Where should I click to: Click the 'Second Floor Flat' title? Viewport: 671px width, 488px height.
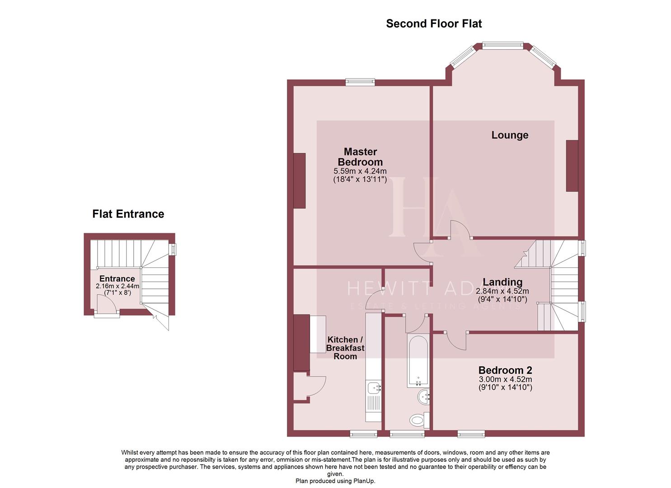tap(434, 23)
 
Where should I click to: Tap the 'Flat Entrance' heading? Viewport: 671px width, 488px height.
tap(128, 214)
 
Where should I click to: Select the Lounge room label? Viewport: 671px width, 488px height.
tap(510, 135)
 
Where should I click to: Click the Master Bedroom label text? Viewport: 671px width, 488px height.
tap(360, 157)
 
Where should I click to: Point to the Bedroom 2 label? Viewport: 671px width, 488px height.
tap(505, 371)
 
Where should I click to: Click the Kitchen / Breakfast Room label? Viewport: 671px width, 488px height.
tap(345, 348)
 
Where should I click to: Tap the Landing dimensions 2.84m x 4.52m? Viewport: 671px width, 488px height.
tap(502, 291)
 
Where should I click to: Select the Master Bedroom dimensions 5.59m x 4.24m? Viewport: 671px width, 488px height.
tap(360, 171)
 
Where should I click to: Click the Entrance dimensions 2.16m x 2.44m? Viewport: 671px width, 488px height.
tap(117, 286)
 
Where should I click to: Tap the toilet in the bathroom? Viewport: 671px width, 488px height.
tap(418, 420)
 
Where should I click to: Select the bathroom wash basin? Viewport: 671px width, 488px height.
tap(424, 397)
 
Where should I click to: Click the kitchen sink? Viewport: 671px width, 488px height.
tap(374, 388)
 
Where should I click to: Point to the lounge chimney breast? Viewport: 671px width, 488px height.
tap(572, 166)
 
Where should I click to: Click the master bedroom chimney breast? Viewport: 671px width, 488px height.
tap(299, 181)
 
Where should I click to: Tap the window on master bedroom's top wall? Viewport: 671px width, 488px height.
tap(360, 82)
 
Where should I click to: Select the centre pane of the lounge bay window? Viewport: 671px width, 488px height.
tap(502, 45)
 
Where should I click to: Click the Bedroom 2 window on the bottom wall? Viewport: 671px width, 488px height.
tap(471, 434)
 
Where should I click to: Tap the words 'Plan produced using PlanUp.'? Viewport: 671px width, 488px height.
tap(335, 481)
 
